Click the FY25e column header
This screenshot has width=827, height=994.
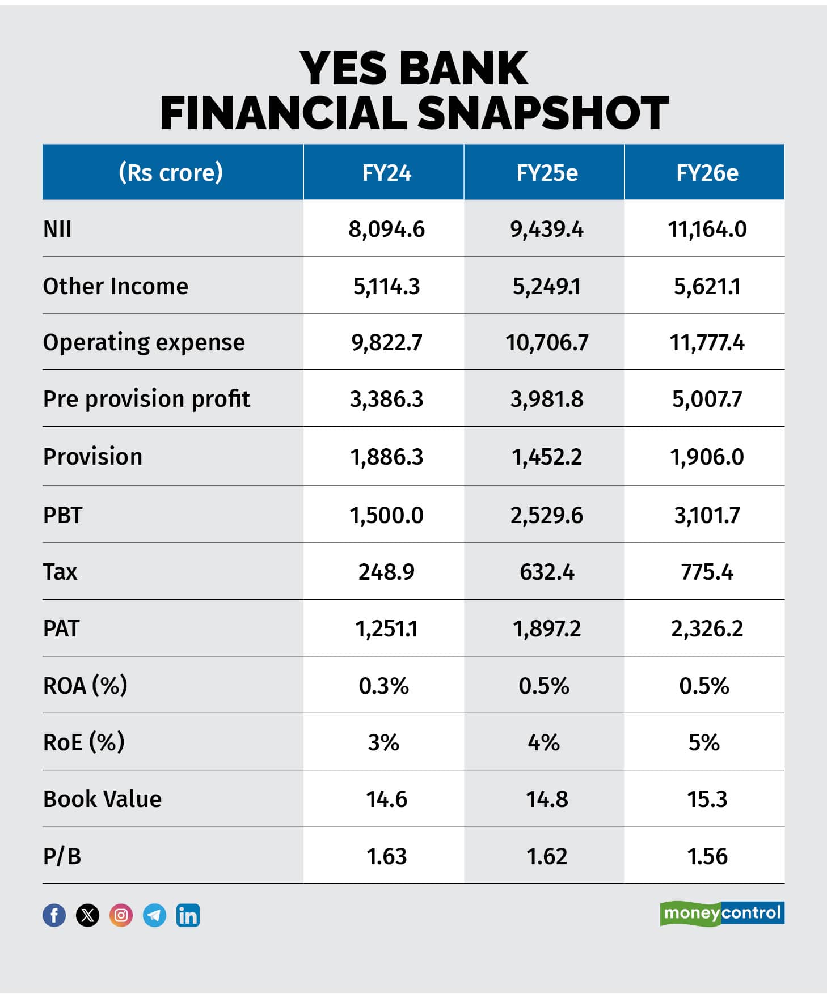(x=547, y=173)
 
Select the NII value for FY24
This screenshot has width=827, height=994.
(x=386, y=230)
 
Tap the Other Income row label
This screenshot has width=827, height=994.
(x=116, y=286)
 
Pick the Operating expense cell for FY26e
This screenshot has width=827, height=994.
(x=707, y=343)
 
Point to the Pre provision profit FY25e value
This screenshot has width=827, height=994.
(x=547, y=400)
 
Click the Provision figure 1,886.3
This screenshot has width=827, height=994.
(x=386, y=457)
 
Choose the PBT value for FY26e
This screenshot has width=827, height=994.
(x=707, y=515)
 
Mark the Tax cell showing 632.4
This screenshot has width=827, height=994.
(x=547, y=572)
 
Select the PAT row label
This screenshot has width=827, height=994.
(x=61, y=628)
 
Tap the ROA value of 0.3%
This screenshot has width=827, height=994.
(x=384, y=686)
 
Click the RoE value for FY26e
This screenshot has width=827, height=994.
(x=704, y=742)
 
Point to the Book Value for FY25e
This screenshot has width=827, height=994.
(x=547, y=799)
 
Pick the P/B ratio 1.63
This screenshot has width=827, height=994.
(x=386, y=856)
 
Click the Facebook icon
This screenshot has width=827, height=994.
(x=54, y=915)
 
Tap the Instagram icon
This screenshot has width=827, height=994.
(x=121, y=915)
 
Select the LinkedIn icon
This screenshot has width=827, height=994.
(x=188, y=915)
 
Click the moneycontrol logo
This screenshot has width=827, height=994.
(x=722, y=913)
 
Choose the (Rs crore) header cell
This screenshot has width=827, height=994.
(x=171, y=172)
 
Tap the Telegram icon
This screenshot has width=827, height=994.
(x=154, y=915)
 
